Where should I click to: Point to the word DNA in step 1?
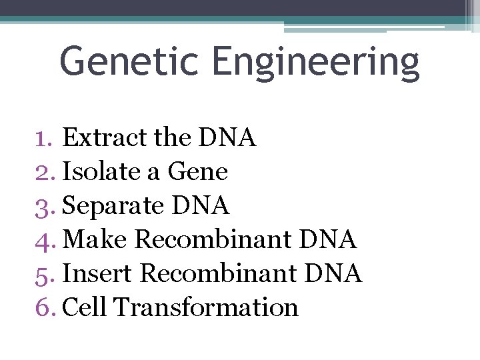(227, 138)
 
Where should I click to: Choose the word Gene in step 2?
(198, 172)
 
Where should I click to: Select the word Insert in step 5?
(98, 273)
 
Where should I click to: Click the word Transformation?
(206, 307)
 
